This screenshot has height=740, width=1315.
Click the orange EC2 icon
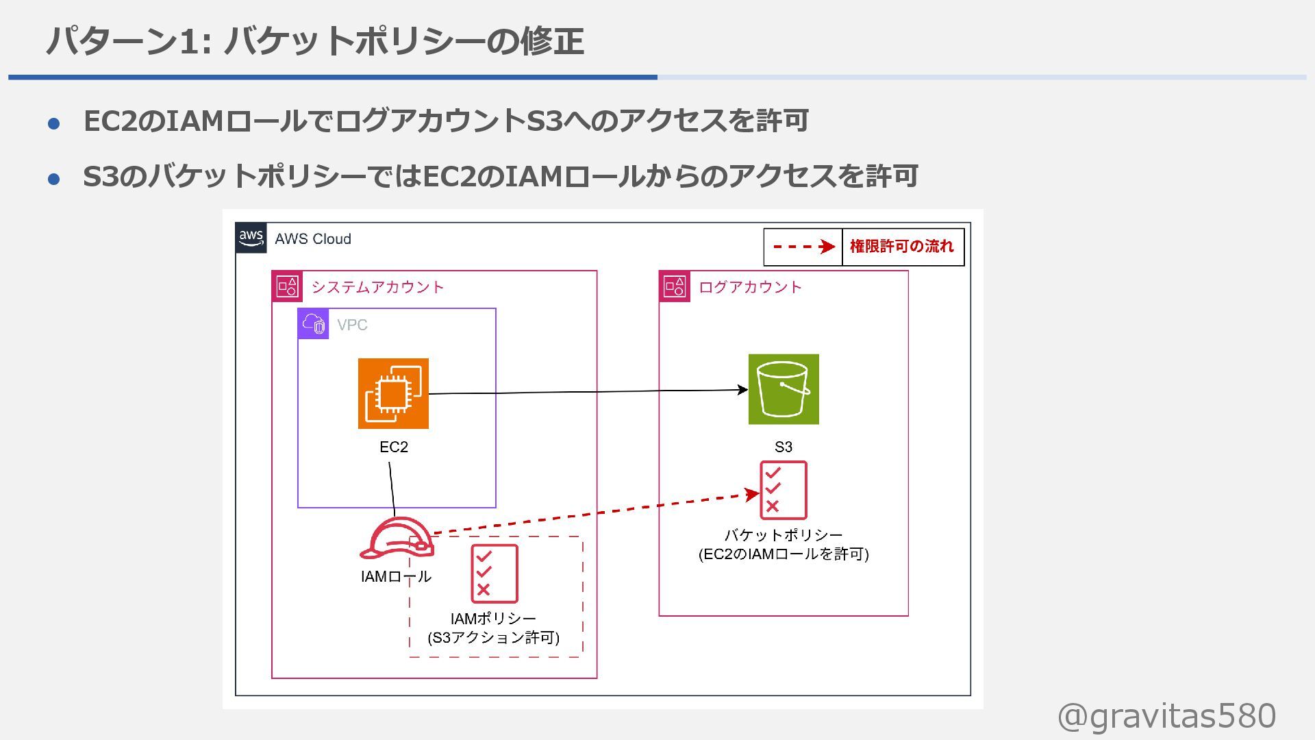(x=393, y=393)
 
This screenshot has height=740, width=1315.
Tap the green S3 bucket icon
(x=784, y=389)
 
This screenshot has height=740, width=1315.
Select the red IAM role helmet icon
(x=397, y=539)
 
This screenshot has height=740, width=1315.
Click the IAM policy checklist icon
(x=494, y=573)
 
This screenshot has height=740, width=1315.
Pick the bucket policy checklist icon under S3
(x=784, y=490)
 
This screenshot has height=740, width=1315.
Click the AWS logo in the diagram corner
(x=251, y=238)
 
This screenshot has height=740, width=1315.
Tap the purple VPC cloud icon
(x=314, y=323)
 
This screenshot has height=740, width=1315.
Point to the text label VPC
(x=352, y=325)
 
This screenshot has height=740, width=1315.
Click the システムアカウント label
(x=377, y=287)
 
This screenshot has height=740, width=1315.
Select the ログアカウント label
(x=750, y=287)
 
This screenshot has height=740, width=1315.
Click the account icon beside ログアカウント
(x=675, y=286)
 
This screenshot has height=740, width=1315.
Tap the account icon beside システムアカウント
(x=287, y=286)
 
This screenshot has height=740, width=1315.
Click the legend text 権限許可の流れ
(x=901, y=247)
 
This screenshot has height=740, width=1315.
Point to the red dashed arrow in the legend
(x=803, y=247)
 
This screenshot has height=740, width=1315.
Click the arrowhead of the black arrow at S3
(x=742, y=390)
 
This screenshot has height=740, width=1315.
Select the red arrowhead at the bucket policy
(x=753, y=494)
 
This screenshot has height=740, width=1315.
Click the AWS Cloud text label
(x=313, y=239)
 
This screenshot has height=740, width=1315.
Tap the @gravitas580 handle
(x=1166, y=716)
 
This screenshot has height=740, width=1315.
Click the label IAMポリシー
(x=493, y=619)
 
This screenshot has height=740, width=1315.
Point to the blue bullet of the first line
(x=54, y=124)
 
